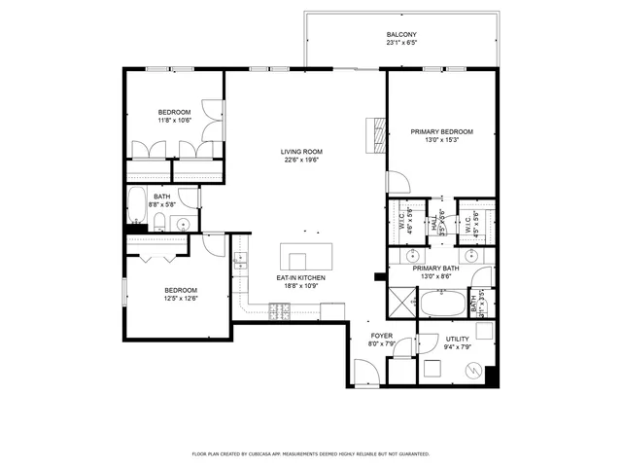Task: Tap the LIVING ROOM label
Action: point(301,152)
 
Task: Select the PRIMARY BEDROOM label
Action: point(441,132)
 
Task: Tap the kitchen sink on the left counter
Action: point(240,260)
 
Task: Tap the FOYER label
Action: point(380,335)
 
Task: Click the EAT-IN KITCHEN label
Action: point(301,278)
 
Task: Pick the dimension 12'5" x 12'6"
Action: point(181,298)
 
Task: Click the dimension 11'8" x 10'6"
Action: point(176,121)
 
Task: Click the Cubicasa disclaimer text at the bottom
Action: point(310,453)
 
